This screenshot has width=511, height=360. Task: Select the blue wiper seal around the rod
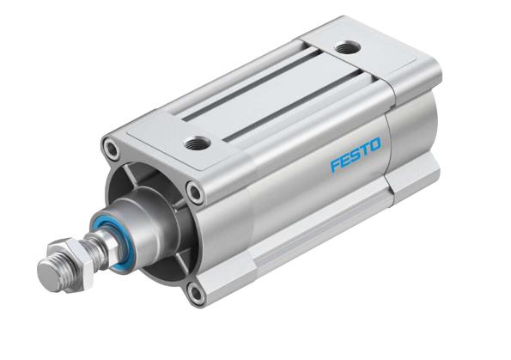pos(108,230)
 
